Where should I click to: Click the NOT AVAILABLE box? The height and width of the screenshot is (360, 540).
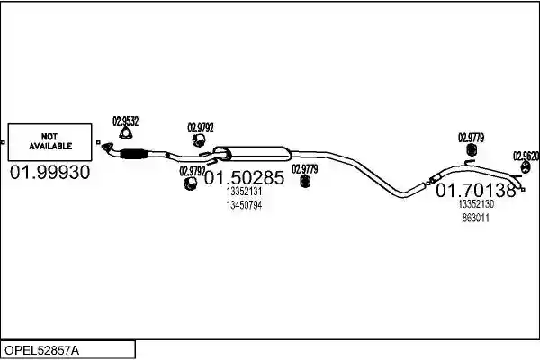pos(49,142)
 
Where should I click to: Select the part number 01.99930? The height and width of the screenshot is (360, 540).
pos(49,172)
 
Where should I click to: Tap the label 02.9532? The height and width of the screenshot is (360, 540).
pos(126,121)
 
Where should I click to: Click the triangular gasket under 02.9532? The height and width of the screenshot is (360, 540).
pos(126,133)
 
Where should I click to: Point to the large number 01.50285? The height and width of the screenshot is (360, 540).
pos(245,178)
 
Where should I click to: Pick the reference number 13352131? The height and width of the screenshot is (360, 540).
pos(244,192)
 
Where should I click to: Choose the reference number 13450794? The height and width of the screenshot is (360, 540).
pos(244,205)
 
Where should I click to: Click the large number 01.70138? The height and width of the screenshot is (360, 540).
pos(476,190)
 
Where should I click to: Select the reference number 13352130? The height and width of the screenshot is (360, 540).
pos(476,204)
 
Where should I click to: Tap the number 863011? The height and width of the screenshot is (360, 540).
pos(475,219)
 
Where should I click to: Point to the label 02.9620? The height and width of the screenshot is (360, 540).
pos(526,156)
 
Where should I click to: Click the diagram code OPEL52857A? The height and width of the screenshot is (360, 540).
pos(41,350)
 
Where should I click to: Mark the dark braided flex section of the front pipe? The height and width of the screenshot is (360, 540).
pos(132,154)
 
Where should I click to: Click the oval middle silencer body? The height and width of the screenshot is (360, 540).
pos(253,154)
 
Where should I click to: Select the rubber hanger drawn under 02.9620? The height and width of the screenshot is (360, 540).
pos(526,168)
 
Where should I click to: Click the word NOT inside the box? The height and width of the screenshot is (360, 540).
pos(49,137)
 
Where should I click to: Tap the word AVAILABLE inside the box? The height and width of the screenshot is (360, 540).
pos(50,146)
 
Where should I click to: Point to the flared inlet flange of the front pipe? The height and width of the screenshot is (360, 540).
pos(107,147)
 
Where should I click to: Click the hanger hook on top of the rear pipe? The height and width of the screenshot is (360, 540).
pos(469,162)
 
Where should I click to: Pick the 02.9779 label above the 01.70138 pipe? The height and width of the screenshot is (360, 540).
pos(471,138)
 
